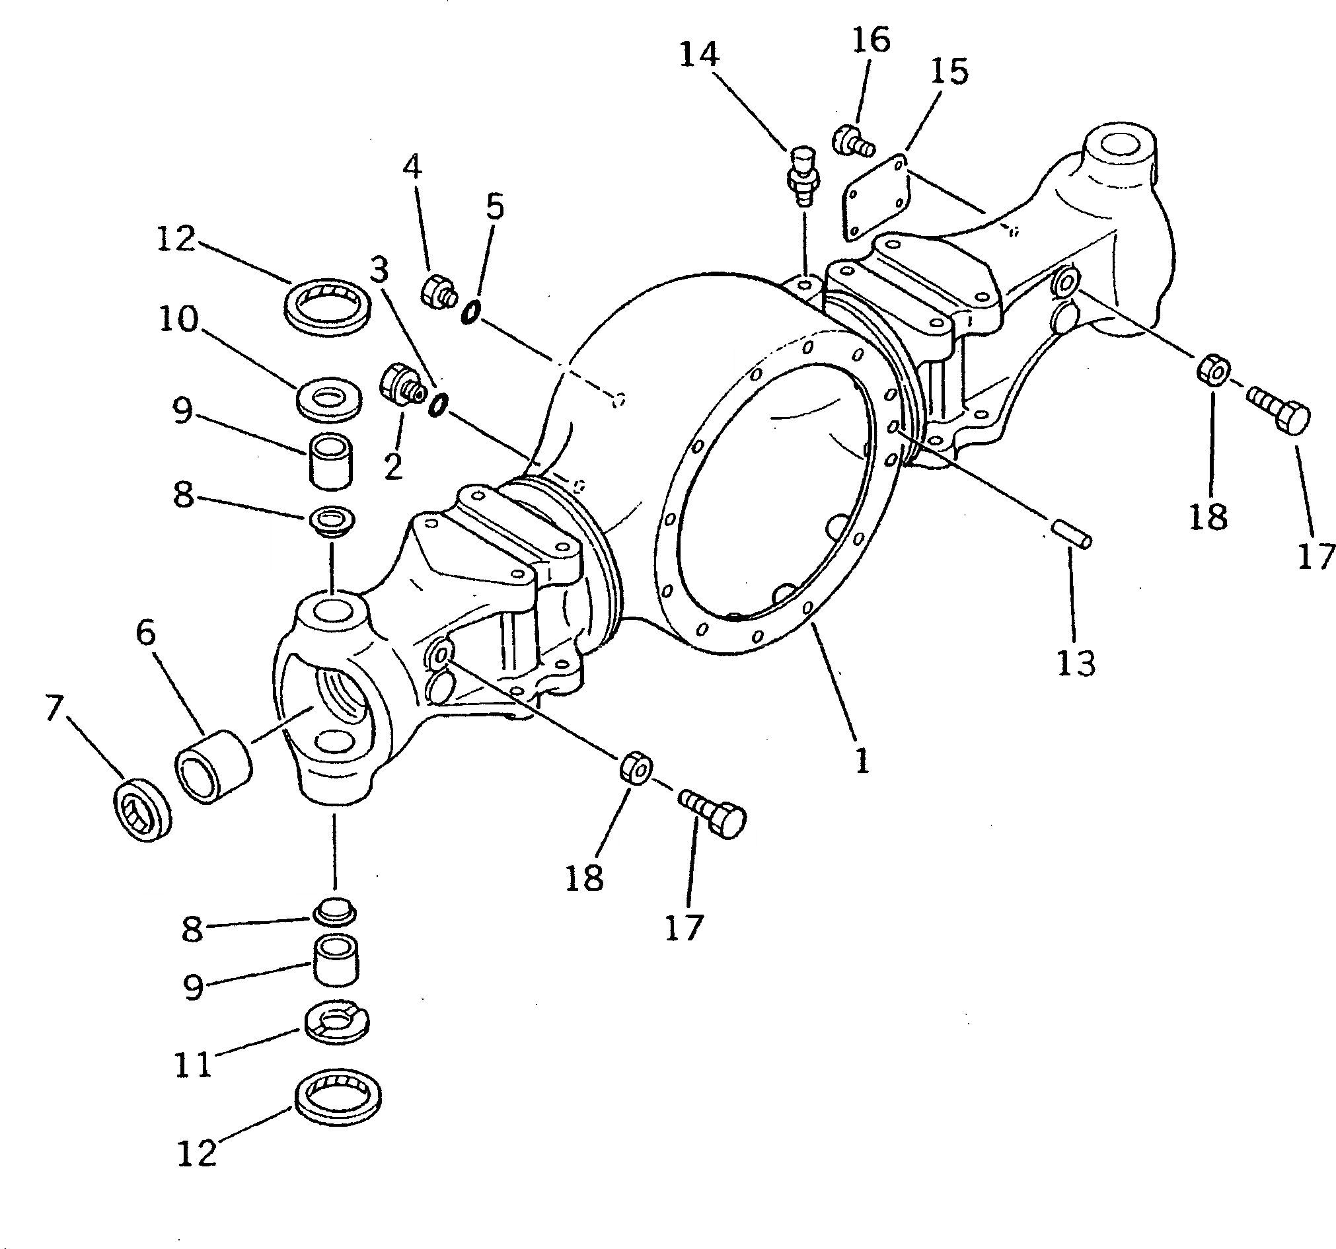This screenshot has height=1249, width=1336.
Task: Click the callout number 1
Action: coord(862,762)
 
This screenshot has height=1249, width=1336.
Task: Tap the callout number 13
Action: coord(1076,663)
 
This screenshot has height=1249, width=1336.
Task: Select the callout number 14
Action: coord(700,54)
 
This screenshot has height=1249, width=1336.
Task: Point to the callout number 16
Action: coord(871,40)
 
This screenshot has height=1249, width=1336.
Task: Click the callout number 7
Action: coord(54,708)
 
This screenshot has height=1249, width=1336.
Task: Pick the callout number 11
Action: coord(194,1065)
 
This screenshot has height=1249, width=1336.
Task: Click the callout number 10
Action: coord(179,318)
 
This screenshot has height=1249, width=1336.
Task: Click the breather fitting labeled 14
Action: coord(802,176)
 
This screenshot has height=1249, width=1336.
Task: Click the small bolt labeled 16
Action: coord(852,142)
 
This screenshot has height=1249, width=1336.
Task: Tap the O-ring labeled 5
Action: coord(471,312)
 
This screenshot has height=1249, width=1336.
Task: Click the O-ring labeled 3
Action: coord(439,404)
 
